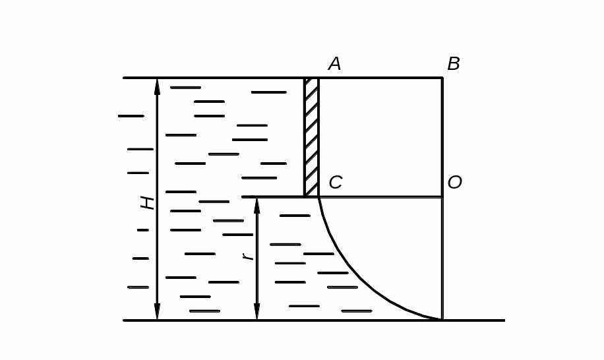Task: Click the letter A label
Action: pos(334,64)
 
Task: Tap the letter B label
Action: pos(454,64)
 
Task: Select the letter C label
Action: pos(335,183)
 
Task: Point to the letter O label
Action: pos(454,183)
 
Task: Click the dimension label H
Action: pos(147,202)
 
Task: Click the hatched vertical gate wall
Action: pos(311,137)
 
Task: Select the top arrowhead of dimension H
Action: pos(157,86)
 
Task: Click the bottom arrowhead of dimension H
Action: pos(157,312)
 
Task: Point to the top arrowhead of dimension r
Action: pos(257,205)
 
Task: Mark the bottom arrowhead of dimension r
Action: pos(257,312)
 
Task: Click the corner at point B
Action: pos(442,78)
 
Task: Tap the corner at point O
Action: pos(442,196)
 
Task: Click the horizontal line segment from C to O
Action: pos(380,196)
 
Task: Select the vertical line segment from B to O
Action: pos(442,137)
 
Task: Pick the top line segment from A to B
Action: pos(380,78)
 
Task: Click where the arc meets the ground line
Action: pos(440,320)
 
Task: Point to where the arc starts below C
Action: pos(319,198)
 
